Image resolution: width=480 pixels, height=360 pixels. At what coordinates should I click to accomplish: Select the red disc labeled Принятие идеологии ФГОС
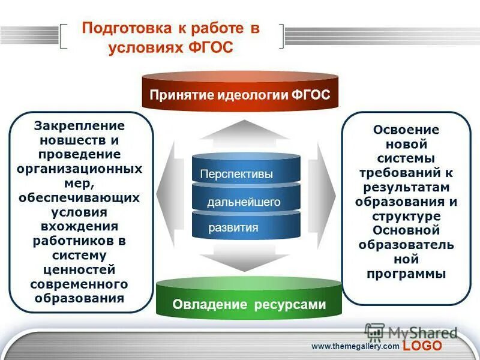coord(240,95)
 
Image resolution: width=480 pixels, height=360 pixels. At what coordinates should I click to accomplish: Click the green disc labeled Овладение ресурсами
coord(249,304)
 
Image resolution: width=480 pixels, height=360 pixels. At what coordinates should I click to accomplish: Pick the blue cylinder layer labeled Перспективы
coord(236,174)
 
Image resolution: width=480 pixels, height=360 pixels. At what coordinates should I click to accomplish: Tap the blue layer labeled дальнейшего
coord(244,202)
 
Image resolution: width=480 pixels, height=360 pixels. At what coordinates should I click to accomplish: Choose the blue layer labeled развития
coord(233,227)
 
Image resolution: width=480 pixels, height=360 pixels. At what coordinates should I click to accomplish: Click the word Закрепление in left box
coord(79,126)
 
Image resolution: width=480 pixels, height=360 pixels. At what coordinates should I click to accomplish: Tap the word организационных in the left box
coord(79,169)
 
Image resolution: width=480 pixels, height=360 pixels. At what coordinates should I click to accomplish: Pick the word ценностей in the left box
coord(79,269)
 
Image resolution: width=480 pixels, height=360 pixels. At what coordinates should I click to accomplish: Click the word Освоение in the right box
coord(406,130)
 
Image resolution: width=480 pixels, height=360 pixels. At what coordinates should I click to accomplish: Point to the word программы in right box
coord(406,274)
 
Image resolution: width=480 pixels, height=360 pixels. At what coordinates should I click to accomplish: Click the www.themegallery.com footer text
coord(355,347)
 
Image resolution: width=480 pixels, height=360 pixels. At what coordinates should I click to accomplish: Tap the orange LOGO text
coord(422,346)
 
